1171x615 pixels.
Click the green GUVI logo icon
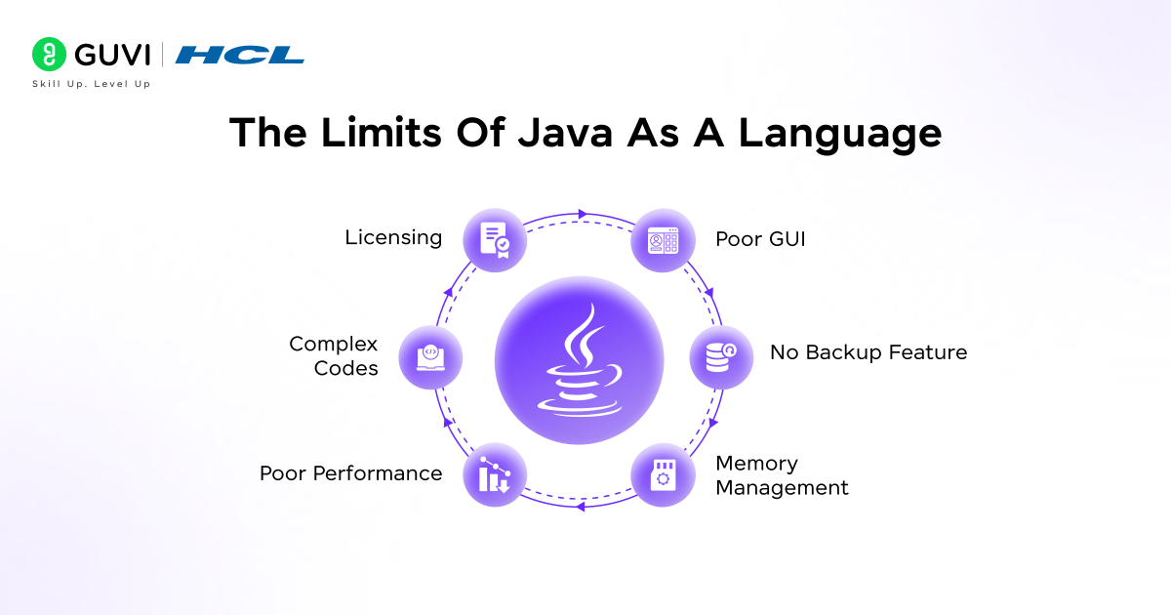point(48,54)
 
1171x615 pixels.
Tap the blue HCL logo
point(239,55)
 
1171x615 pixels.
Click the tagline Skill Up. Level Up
point(92,84)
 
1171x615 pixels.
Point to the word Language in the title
point(839,133)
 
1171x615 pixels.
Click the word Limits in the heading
point(361,133)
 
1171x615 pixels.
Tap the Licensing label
point(393,237)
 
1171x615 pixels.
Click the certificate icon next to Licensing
point(495,239)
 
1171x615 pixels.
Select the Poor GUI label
point(760,239)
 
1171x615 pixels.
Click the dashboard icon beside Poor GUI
point(664,239)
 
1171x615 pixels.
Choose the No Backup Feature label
point(868,352)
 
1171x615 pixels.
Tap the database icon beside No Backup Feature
point(721,357)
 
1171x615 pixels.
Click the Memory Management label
point(782,474)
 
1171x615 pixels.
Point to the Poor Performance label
point(350,473)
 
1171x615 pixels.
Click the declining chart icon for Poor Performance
point(495,474)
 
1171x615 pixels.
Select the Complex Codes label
point(333,356)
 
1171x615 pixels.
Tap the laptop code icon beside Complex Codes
point(430,357)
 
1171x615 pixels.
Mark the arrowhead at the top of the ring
point(583,213)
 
